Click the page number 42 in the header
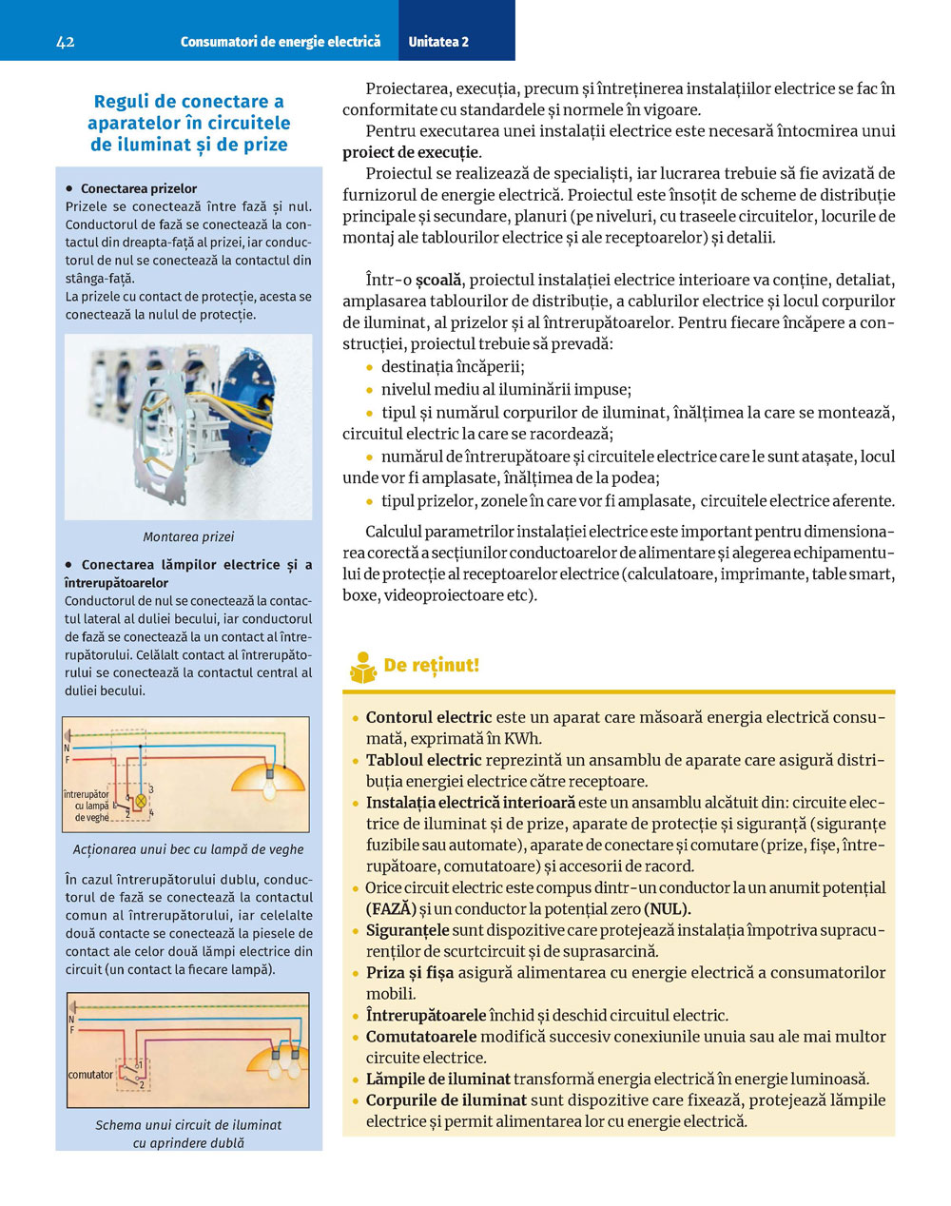click(66, 42)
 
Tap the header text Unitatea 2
click(438, 42)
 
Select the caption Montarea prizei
click(188, 536)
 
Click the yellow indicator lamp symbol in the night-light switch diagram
click(142, 800)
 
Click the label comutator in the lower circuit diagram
click(90, 1075)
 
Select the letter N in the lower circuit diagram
click(71, 1020)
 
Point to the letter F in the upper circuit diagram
click(67, 760)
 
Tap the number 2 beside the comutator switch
click(142, 1084)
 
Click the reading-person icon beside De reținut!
click(363, 667)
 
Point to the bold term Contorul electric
click(429, 718)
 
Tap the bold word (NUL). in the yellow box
click(667, 909)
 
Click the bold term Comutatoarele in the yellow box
click(420, 1037)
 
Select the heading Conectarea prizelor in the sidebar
click(139, 188)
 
